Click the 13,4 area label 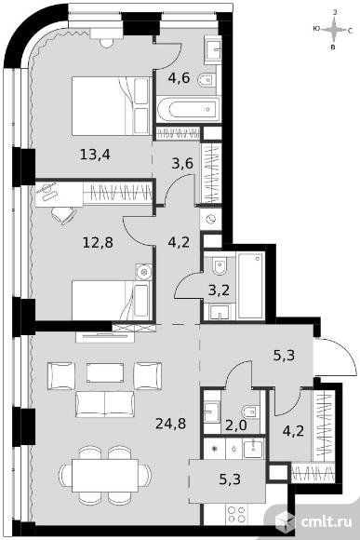95,155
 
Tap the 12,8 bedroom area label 98,243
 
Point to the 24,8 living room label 171,424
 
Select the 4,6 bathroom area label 179,78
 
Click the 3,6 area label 182,163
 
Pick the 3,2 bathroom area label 219,290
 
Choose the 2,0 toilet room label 236,425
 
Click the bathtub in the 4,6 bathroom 188,110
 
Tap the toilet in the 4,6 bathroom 207,81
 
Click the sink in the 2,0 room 211,412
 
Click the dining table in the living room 105,475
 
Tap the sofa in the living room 104,404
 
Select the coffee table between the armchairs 105,371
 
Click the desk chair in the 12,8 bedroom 63,215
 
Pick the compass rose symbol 333,30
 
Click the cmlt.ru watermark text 327,521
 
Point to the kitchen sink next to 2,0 253,449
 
